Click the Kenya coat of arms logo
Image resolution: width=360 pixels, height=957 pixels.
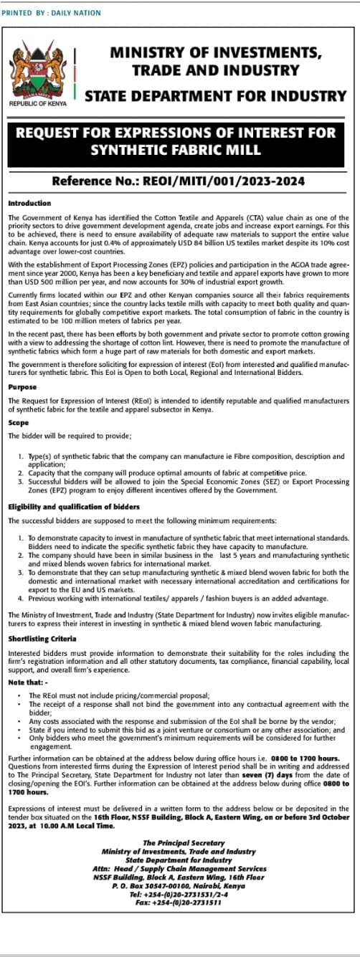coord(37,72)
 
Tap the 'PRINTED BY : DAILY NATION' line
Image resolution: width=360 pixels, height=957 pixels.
coord(52,13)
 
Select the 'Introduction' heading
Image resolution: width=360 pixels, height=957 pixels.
coord(29,203)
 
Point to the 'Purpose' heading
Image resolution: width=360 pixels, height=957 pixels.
coord(23,388)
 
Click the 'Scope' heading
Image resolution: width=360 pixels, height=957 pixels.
coord(19,423)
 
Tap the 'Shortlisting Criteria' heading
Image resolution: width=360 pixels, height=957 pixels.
coord(41,637)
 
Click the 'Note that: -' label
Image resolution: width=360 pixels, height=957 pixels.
coord(26,682)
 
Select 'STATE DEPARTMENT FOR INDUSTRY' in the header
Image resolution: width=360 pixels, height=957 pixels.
coord(215,95)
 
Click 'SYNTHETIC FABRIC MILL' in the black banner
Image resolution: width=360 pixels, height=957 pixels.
coord(176,149)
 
